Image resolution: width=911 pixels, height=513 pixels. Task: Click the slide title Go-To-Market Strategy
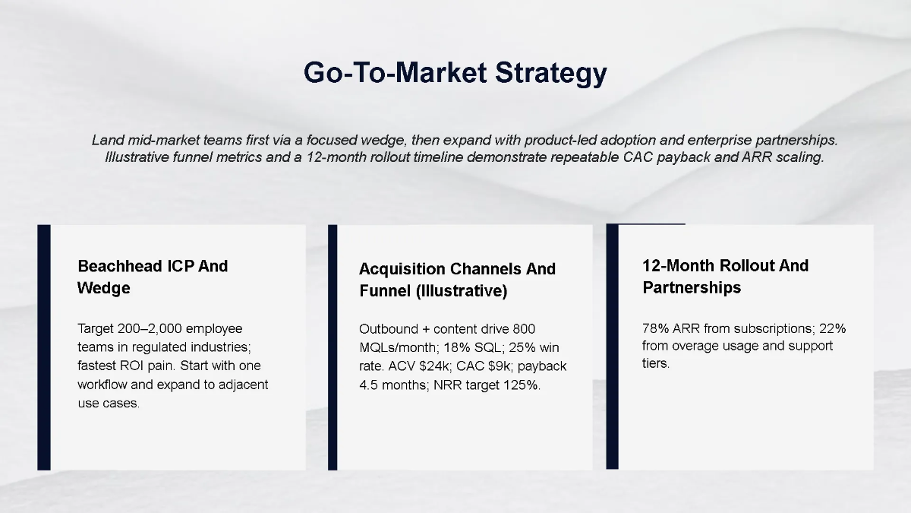coord(455,73)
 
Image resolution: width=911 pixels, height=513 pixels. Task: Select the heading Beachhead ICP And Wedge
coord(153,277)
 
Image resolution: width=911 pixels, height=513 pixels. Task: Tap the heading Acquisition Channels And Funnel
coord(457,280)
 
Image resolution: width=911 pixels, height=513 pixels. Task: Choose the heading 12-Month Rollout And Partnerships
coord(725,277)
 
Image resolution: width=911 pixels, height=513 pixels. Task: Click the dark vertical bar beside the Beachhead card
coord(43,347)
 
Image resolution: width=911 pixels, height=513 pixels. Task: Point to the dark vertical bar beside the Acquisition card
coord(333,347)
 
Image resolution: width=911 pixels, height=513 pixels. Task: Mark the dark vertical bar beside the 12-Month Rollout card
coord(612,347)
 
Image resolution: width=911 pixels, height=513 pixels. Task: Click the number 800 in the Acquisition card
coord(523,329)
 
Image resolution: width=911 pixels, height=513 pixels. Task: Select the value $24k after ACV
coord(436,366)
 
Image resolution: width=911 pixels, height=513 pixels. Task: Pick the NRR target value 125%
coord(524,385)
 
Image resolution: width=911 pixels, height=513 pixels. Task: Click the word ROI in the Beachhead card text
coord(134,366)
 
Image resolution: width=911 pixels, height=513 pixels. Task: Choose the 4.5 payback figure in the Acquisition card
coord(368,385)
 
